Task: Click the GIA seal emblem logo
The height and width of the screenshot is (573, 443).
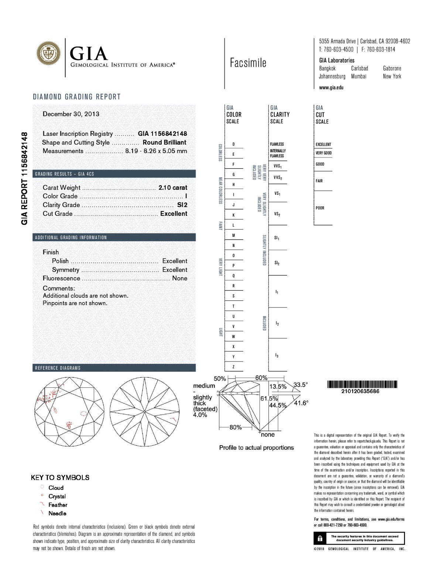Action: tap(48, 53)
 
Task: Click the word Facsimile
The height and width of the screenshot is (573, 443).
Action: tap(248, 63)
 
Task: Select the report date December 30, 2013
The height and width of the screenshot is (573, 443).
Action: tap(71, 114)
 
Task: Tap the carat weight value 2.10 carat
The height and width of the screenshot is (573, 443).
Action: tap(173, 187)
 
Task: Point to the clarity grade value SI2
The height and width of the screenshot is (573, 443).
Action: tap(182, 205)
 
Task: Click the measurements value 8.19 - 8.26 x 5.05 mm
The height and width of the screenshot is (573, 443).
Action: tap(156, 151)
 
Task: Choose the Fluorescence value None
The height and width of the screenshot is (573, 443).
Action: tap(179, 278)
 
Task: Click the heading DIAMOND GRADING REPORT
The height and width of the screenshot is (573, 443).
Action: tap(77, 97)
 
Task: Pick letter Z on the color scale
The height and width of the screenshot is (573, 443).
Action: tap(233, 367)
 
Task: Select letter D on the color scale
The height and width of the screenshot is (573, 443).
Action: tap(233, 144)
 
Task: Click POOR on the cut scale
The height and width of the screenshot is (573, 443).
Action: tap(320, 208)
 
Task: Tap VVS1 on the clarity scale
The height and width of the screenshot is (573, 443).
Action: tap(278, 166)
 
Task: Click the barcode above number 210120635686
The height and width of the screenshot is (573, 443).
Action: tap(362, 384)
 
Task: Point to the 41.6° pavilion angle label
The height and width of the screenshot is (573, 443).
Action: tap(301, 403)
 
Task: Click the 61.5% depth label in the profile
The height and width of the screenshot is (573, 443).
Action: tap(269, 398)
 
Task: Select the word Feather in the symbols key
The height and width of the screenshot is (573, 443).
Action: tap(58, 505)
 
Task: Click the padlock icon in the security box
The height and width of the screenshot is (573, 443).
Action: tap(320, 538)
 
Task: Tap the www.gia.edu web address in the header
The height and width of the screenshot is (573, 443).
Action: tap(331, 87)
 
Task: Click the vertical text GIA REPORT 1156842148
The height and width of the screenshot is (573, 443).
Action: tap(24, 178)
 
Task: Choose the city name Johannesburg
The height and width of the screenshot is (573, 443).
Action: tap(332, 76)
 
